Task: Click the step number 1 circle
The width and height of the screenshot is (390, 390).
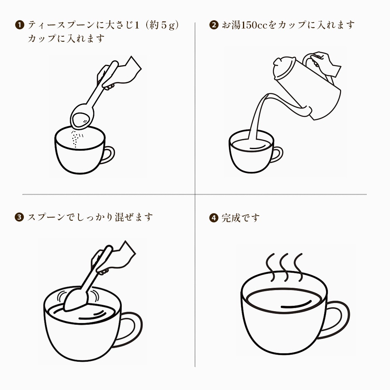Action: click(x=19, y=25)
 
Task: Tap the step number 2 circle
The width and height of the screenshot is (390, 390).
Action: click(x=214, y=25)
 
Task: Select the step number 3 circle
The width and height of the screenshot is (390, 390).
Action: click(x=19, y=217)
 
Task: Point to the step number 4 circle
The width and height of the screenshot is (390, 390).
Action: click(x=214, y=218)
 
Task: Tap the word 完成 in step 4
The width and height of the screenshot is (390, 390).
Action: click(x=231, y=218)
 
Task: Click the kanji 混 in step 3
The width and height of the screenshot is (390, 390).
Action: click(x=119, y=217)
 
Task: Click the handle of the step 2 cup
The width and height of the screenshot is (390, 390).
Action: click(x=277, y=154)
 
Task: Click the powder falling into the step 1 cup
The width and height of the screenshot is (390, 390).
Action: click(x=76, y=139)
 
